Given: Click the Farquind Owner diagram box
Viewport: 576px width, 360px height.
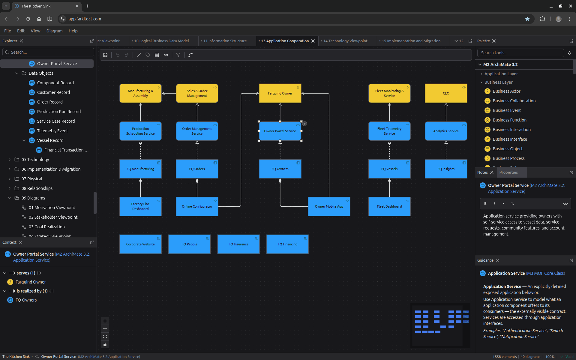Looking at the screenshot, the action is tap(280, 93).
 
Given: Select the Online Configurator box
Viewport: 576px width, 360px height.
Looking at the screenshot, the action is tap(197, 206).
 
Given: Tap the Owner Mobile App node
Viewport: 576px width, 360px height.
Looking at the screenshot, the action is tap(329, 206).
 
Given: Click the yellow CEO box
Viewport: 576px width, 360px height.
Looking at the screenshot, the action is tap(446, 93).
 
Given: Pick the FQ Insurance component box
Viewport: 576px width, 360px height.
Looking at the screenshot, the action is tap(238, 244).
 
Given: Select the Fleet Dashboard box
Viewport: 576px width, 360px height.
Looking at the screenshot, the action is tap(389, 206).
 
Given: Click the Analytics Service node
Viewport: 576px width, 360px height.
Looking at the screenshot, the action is tap(446, 131).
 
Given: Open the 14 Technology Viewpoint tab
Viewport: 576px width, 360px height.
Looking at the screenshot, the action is tap(345, 41).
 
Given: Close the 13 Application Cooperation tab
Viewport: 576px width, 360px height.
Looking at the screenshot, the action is tap(313, 41).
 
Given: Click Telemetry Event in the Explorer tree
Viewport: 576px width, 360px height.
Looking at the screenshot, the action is tap(52, 131).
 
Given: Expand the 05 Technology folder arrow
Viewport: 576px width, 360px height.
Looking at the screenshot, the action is tap(10, 160).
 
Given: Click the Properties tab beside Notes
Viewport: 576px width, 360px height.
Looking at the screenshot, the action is tap(508, 172).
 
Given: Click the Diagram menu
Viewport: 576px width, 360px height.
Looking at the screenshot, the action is tap(54, 31).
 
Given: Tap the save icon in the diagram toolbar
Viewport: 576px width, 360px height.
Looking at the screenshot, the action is tap(105, 55).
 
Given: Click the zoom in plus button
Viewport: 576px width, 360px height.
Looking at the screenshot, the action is tap(105, 321).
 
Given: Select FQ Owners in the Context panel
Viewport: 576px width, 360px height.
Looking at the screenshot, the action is tap(26, 300).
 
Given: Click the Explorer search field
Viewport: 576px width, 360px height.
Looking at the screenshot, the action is tap(48, 52).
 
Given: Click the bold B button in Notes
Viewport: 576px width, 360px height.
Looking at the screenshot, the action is tap(485, 204).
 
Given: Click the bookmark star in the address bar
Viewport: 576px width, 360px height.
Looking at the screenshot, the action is tap(527, 19).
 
